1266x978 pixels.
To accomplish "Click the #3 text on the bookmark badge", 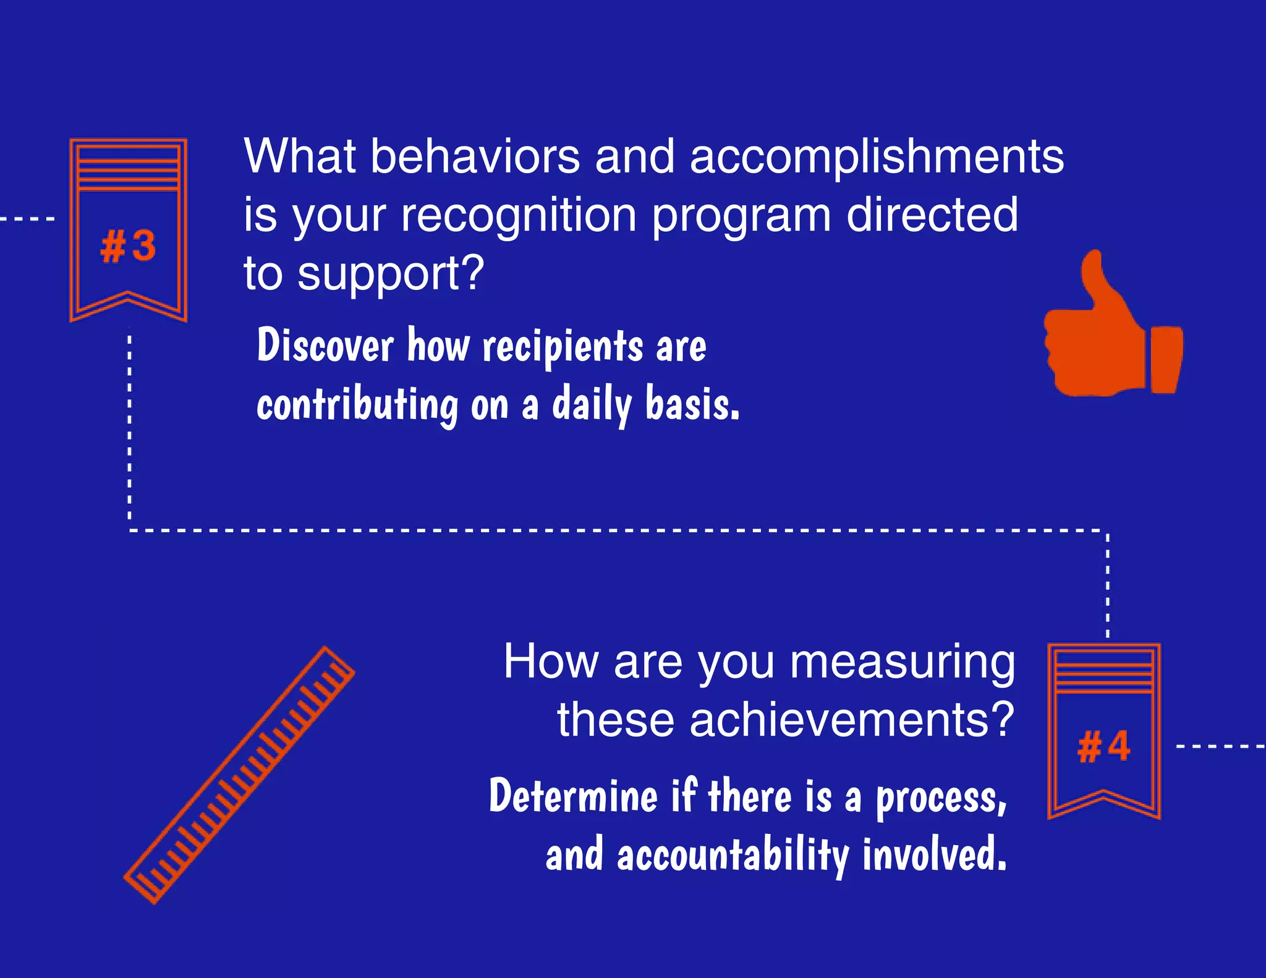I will point(128,246).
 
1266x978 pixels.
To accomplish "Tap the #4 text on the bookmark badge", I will point(1103,746).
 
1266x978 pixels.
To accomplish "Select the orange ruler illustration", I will point(239,775).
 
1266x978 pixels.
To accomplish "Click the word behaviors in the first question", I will point(475,156).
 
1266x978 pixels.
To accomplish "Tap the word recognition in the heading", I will point(519,215).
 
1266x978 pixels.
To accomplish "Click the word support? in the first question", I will point(391,273).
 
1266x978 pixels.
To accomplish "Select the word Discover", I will point(325,345).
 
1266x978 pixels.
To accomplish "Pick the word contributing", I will point(357,405).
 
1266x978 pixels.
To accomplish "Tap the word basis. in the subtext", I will point(692,404).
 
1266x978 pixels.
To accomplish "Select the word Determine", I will point(573,796).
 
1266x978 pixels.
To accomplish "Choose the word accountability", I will point(733,855).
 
